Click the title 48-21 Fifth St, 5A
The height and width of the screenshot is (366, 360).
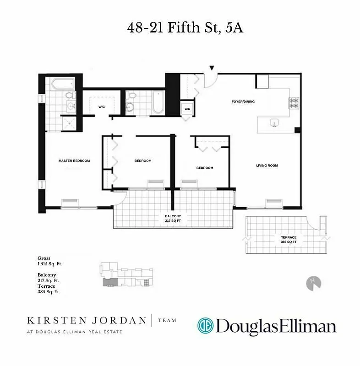(x=185, y=28)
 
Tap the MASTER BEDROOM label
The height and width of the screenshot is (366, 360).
(x=74, y=161)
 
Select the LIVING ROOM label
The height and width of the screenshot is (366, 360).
(x=267, y=166)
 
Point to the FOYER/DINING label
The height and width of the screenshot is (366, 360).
(x=243, y=102)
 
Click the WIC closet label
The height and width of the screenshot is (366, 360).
(x=102, y=107)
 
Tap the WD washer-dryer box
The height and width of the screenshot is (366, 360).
(x=187, y=109)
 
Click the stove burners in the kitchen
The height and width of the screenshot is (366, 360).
(x=293, y=103)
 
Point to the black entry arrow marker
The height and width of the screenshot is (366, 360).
(x=212, y=68)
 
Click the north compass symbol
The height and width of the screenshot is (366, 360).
(x=313, y=282)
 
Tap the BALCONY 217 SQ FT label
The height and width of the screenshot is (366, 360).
(x=174, y=218)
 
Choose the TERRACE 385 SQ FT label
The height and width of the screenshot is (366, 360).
(x=289, y=240)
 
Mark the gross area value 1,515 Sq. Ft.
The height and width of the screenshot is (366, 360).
(x=50, y=264)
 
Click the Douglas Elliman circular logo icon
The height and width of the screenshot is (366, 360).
(x=206, y=326)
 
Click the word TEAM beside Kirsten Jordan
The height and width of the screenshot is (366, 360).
(x=167, y=321)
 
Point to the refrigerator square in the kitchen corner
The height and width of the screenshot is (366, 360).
(x=262, y=82)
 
